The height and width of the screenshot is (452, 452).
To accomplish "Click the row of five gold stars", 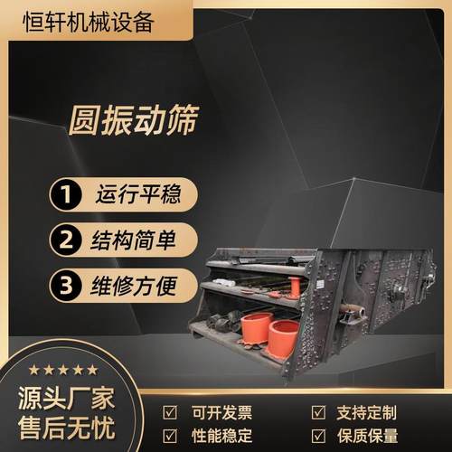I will click(61, 369).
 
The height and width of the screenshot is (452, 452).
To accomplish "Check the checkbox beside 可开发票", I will click(169, 411).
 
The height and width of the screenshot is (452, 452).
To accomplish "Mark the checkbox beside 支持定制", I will click(318, 411).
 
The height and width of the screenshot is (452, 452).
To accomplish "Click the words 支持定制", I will click(364, 411).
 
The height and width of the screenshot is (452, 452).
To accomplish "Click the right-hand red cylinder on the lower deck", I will click(283, 337).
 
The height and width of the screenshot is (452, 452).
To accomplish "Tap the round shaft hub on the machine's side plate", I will click(395, 294).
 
